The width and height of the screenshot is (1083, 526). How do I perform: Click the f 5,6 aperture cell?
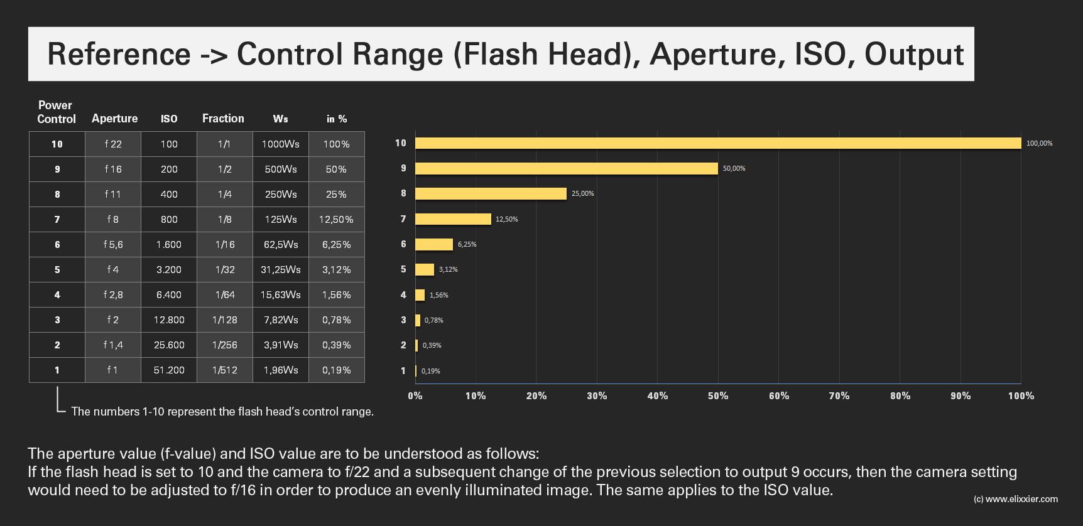113,244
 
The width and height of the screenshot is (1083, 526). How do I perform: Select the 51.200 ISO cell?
169,370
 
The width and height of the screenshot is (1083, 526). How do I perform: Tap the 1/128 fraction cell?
224,319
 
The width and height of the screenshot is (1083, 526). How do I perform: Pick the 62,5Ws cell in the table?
281,244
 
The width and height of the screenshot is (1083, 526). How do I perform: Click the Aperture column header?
114,119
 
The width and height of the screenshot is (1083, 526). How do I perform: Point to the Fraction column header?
223,119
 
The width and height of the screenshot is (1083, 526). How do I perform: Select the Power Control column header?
56,112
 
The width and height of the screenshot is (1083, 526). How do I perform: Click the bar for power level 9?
565,168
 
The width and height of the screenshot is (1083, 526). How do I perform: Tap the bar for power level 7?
452,218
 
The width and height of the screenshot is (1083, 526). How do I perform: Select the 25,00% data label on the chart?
582,193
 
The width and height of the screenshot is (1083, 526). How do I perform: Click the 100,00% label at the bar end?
1039,143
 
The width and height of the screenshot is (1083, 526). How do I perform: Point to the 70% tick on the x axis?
839,395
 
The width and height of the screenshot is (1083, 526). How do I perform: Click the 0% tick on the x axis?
415,395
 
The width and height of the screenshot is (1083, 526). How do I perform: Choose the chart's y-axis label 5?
403,269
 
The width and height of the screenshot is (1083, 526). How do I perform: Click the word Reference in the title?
119,54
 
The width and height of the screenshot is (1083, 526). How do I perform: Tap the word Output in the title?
913,54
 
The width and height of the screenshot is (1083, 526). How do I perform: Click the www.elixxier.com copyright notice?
1015,499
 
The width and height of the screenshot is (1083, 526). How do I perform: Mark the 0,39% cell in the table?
336,345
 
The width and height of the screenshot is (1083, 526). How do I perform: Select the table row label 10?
57,144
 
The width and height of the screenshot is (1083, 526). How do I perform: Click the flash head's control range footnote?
222,411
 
